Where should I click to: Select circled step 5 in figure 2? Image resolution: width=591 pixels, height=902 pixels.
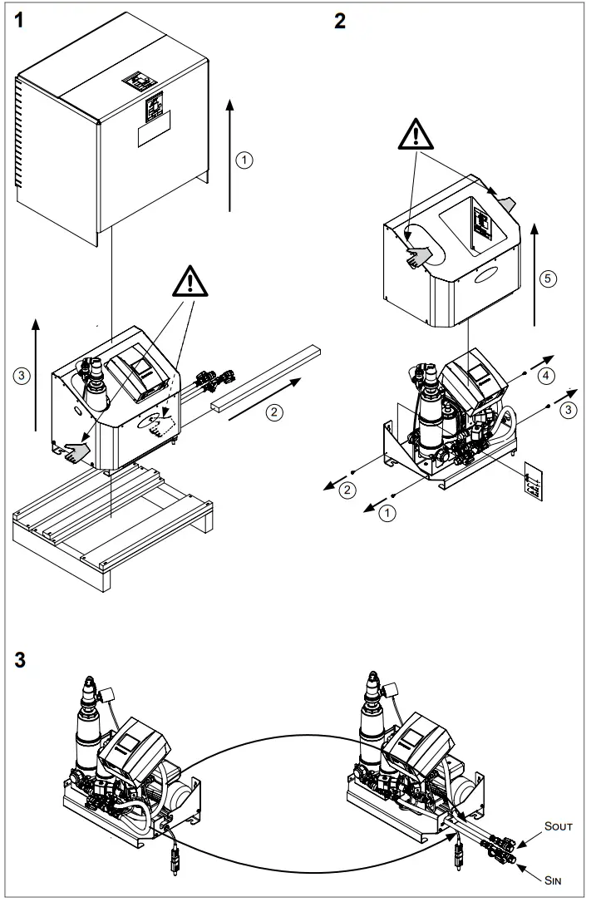[x=546, y=278]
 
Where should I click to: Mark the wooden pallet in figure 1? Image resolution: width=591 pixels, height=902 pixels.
[x=112, y=524]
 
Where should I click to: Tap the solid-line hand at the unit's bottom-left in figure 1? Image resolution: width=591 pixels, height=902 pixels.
[x=76, y=451]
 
